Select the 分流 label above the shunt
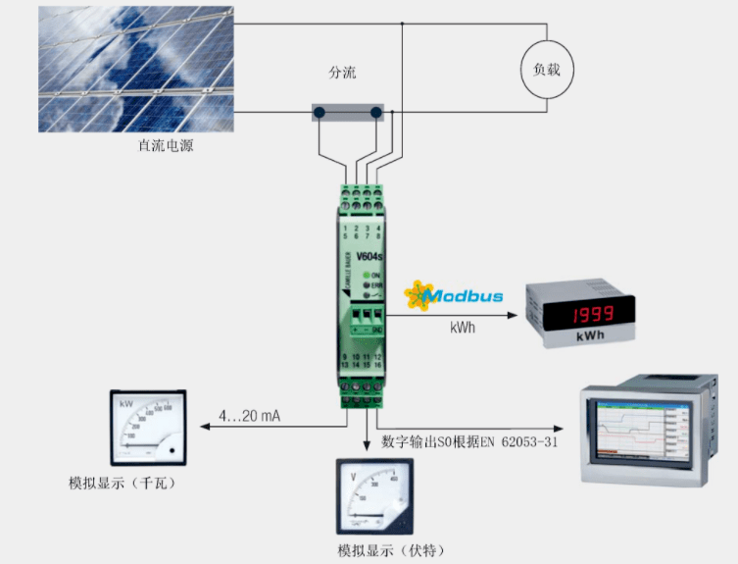342,73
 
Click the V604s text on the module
369,257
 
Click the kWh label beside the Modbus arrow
464,328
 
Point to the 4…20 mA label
249,417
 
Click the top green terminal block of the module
363,197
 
